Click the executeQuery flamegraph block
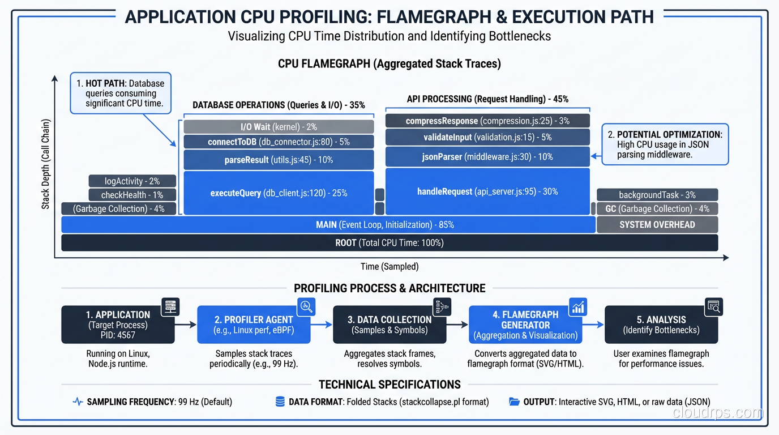(279, 193)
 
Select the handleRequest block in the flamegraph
(487, 191)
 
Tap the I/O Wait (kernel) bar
(279, 127)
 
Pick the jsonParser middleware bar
(487, 157)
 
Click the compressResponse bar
(487, 121)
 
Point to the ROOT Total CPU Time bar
(389, 243)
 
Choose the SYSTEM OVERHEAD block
(657, 225)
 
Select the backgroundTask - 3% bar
(657, 195)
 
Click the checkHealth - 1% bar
(132, 195)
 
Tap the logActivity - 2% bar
(132, 181)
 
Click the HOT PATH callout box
(121, 93)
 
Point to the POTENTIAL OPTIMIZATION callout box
(665, 144)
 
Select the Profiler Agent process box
(254, 325)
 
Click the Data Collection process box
(389, 325)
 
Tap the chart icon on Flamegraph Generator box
(578, 307)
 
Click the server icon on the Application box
(170, 307)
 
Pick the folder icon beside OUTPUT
(514, 402)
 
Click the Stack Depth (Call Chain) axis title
(45, 164)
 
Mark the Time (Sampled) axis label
(389, 267)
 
